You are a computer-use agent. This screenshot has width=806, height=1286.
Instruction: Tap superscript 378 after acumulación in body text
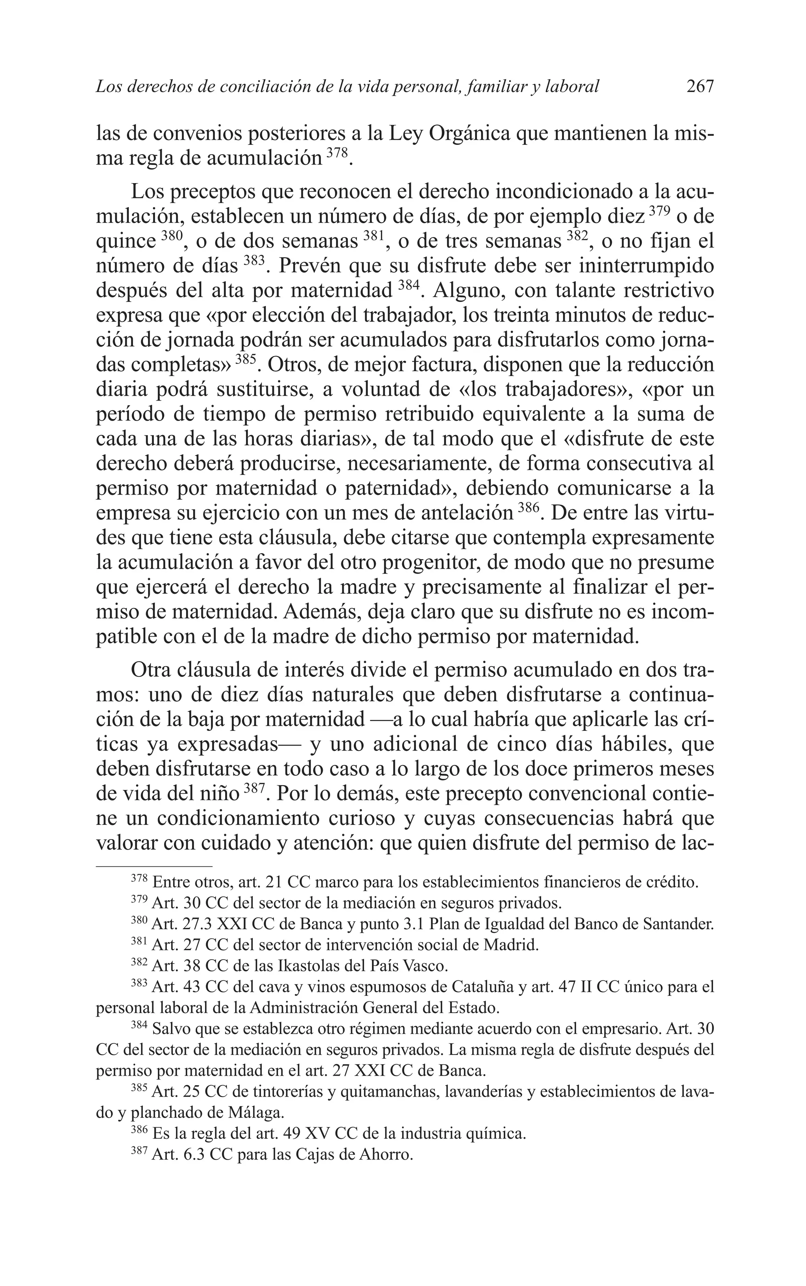pos(336,154)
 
